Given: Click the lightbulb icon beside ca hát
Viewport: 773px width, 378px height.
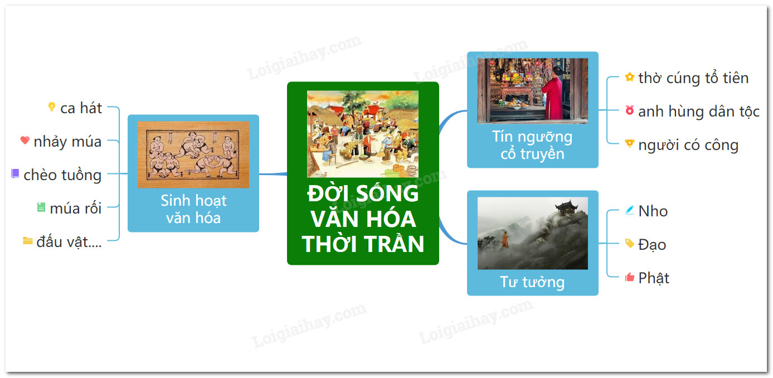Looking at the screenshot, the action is [52, 107].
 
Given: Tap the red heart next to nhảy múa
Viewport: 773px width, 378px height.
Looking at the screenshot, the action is [25, 140].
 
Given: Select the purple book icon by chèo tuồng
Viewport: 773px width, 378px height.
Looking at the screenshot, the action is [15, 173].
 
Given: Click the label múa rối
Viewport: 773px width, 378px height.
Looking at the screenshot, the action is [76, 209].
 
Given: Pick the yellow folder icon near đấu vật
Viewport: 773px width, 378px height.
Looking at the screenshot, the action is [28, 241].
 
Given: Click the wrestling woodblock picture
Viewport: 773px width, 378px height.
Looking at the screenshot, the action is [193, 154].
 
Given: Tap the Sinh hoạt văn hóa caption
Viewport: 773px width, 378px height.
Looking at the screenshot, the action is [193, 209].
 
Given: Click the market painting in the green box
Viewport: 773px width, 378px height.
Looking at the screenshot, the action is [363, 134].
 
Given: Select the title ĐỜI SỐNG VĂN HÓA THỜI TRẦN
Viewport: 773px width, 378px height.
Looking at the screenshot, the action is [363, 219].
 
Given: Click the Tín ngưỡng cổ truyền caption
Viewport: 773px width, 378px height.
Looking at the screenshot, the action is [532, 146].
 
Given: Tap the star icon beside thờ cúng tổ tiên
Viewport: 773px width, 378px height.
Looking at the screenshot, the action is [629, 77].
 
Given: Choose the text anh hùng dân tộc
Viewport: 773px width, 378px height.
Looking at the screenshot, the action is [699, 112].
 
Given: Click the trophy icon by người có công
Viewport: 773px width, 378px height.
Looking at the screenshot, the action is [629, 144].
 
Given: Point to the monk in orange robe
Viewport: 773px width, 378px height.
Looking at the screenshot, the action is [505, 240].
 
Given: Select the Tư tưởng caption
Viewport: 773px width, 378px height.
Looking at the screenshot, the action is [532, 282].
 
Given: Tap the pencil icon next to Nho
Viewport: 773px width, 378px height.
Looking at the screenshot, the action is [629, 210].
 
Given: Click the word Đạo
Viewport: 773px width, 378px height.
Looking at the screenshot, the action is [652, 245].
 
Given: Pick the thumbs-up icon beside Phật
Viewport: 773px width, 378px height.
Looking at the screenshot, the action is [629, 277].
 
